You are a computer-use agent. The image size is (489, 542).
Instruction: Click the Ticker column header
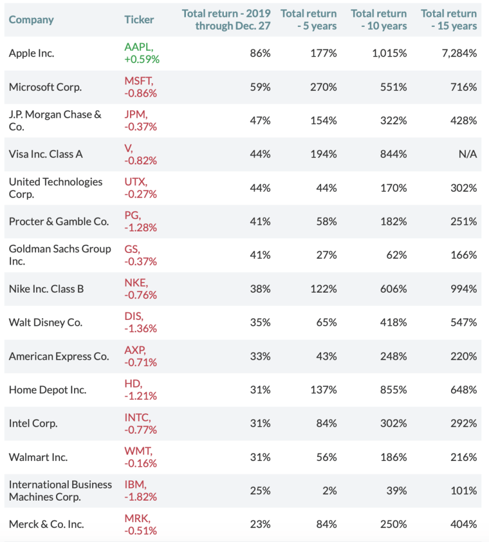[139, 19]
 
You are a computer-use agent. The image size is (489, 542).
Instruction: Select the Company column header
[31, 19]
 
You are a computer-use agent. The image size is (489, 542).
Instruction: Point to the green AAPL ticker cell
[142, 53]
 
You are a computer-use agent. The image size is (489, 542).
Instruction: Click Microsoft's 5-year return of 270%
[323, 87]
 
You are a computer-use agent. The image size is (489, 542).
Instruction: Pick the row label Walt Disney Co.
[45, 322]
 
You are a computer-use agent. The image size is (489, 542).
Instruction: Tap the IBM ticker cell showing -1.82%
[140, 491]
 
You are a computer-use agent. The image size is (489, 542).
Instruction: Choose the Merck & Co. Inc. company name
[47, 525]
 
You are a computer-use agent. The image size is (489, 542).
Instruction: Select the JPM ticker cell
[140, 121]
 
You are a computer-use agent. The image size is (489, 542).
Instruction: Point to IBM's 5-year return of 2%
[330, 491]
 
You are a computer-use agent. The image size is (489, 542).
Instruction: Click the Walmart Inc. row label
[38, 457]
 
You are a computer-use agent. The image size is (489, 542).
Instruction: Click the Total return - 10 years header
[379, 19]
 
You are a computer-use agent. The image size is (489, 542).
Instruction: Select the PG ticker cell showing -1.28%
[140, 221]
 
